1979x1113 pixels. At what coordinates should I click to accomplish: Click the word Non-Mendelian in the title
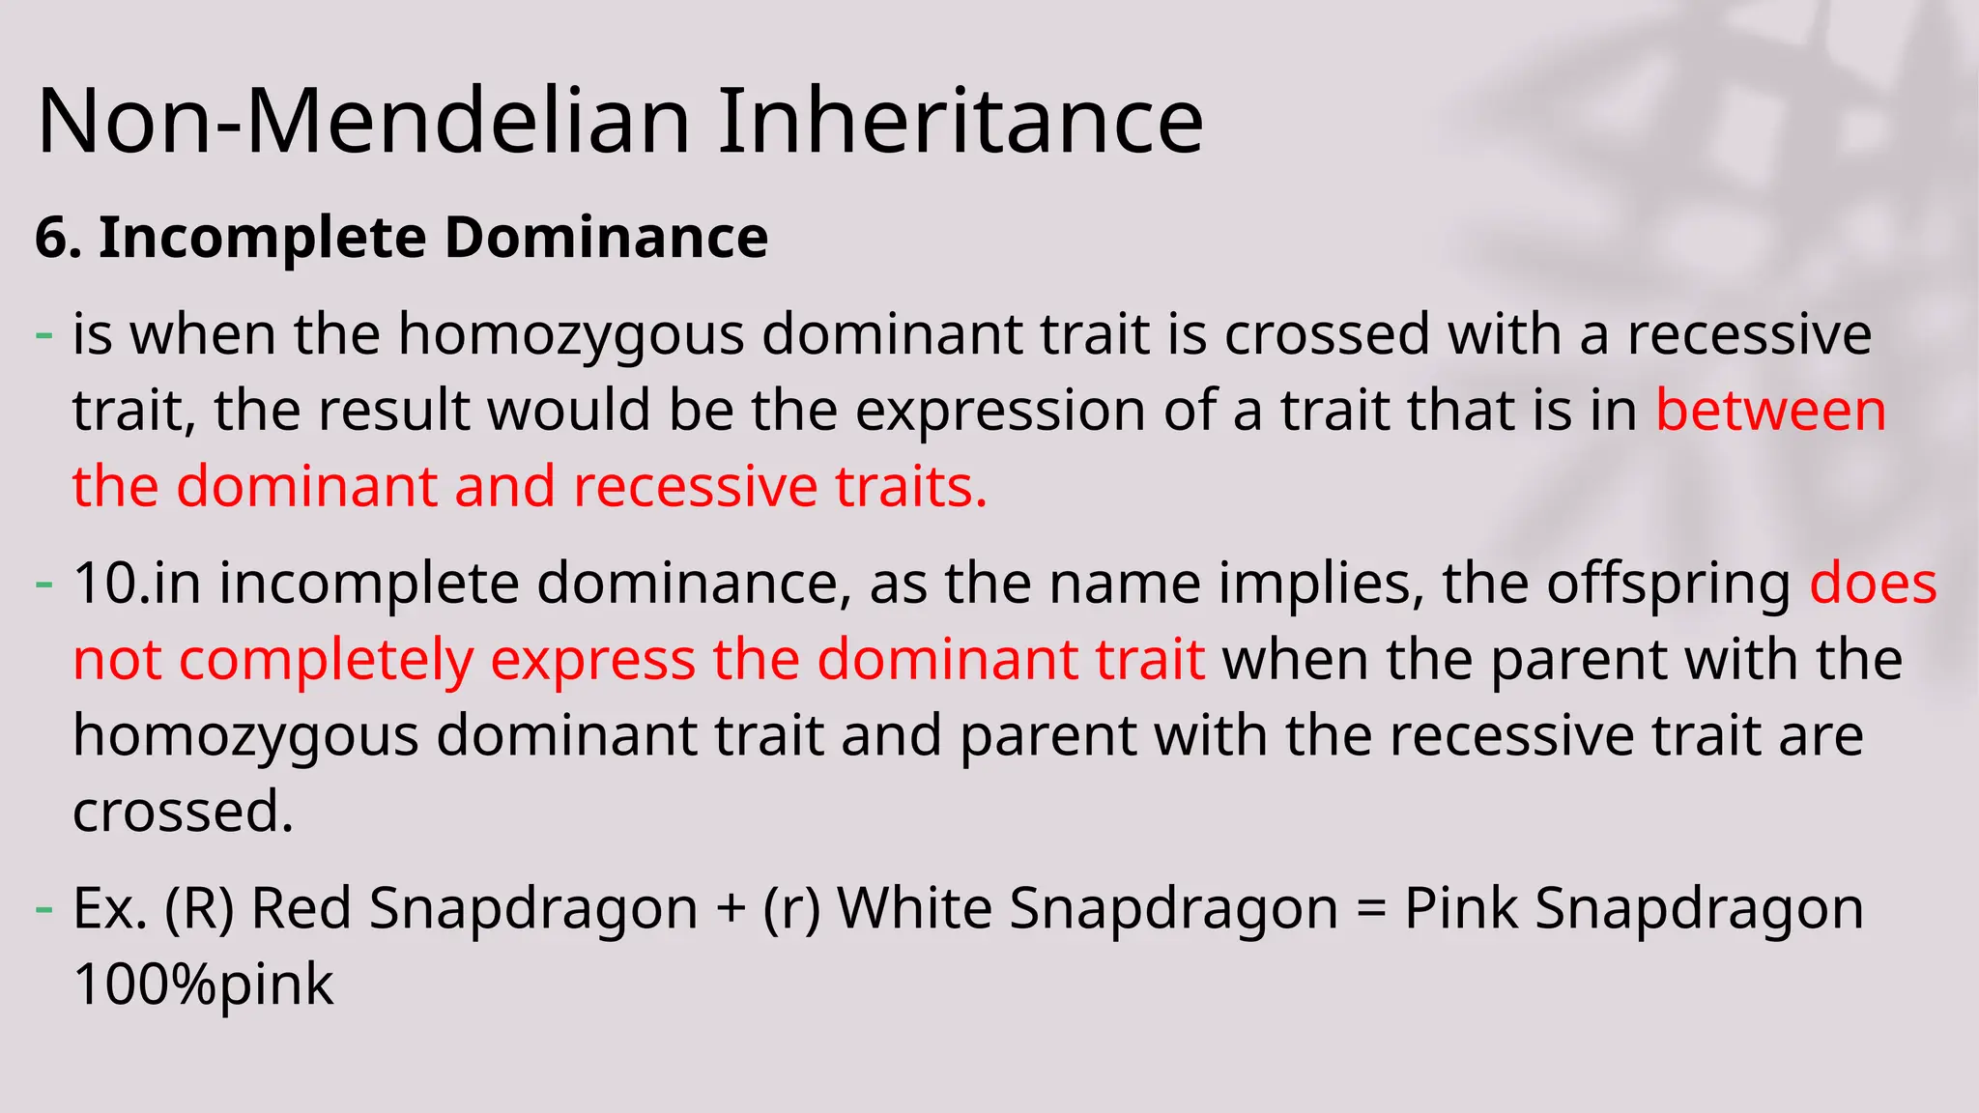click(363, 121)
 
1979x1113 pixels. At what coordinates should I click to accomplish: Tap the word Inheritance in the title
click(960, 121)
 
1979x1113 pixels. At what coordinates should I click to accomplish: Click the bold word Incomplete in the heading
click(262, 238)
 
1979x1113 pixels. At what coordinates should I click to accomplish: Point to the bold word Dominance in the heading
click(606, 238)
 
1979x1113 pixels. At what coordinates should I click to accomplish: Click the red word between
click(1770, 410)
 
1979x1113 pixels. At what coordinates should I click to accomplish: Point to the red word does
click(1873, 584)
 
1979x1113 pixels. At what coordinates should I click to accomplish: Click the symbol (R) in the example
click(199, 909)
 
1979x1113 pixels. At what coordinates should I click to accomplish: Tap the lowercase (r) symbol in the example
click(791, 909)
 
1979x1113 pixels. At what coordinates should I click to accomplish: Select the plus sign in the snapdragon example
click(731, 910)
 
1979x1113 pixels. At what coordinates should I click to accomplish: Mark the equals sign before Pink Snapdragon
click(1371, 910)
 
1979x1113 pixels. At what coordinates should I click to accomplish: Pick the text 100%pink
click(203, 985)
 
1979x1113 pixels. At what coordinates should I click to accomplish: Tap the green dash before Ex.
click(43, 909)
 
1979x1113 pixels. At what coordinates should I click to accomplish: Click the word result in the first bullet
click(394, 410)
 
